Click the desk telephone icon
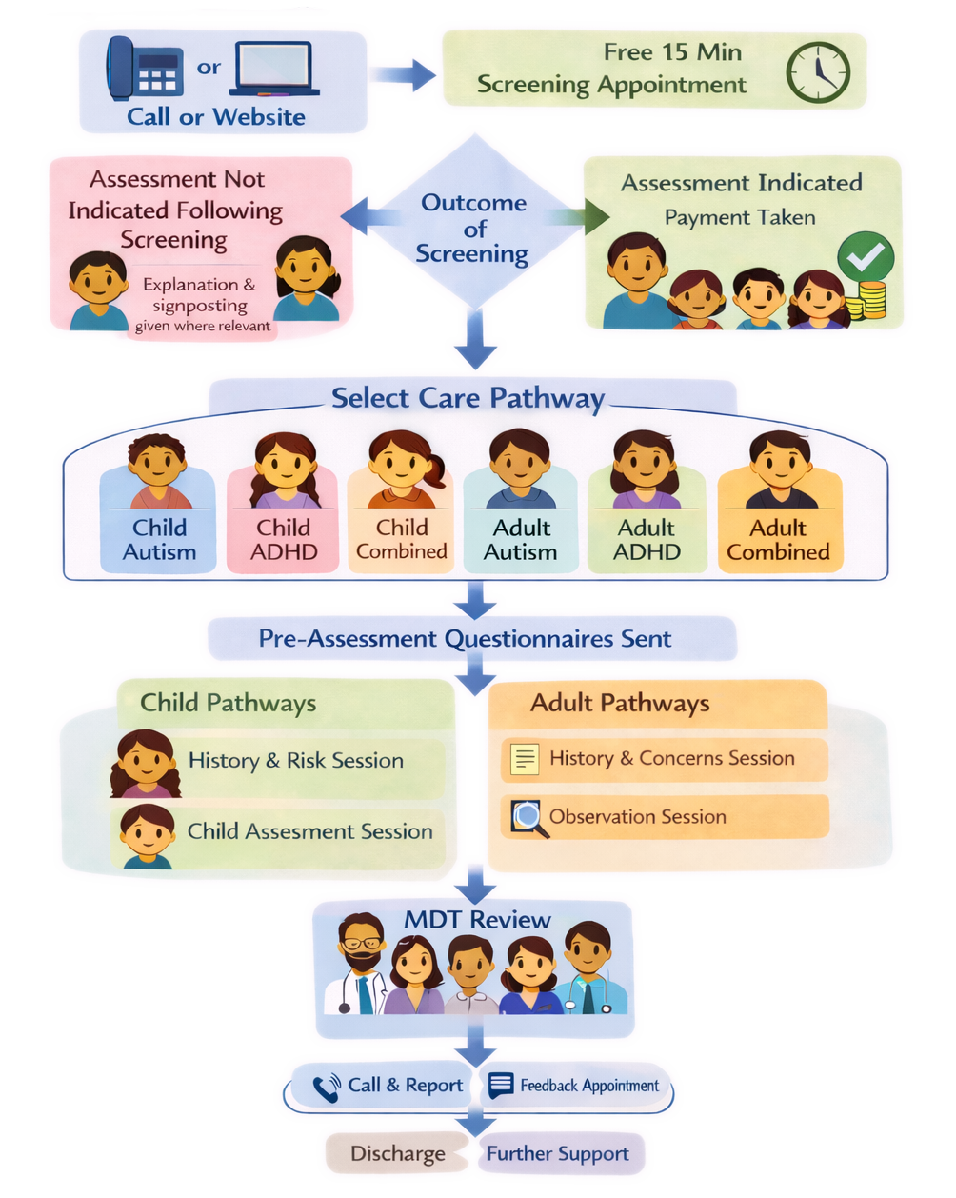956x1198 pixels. (x=142, y=69)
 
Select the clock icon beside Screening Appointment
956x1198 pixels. (x=817, y=72)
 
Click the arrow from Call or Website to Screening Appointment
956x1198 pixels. (x=404, y=73)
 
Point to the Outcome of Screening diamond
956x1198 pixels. (x=473, y=229)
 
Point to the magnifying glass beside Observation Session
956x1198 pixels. (x=529, y=818)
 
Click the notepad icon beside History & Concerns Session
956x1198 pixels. (x=525, y=760)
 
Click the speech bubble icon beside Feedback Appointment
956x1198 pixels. (x=501, y=1086)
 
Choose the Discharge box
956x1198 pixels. (x=397, y=1153)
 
